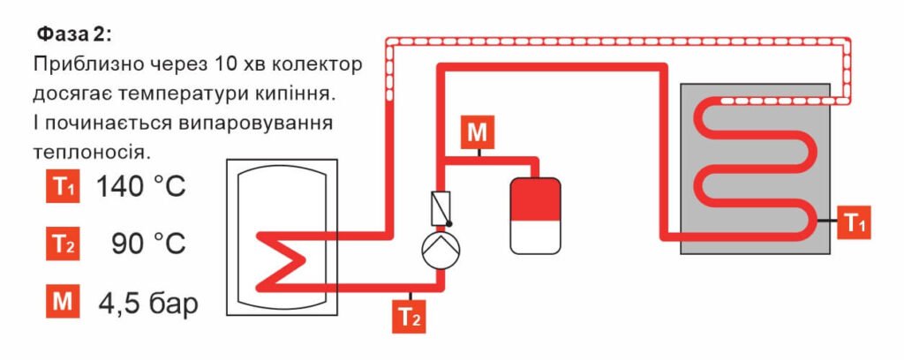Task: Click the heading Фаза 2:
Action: point(74,34)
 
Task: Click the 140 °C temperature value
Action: point(141,187)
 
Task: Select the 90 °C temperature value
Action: point(148,244)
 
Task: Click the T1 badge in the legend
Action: point(64,188)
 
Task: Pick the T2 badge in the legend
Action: point(64,245)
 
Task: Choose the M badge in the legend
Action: point(64,303)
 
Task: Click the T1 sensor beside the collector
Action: point(855,221)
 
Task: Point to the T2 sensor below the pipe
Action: point(409,316)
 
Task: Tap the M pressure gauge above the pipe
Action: point(477,133)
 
